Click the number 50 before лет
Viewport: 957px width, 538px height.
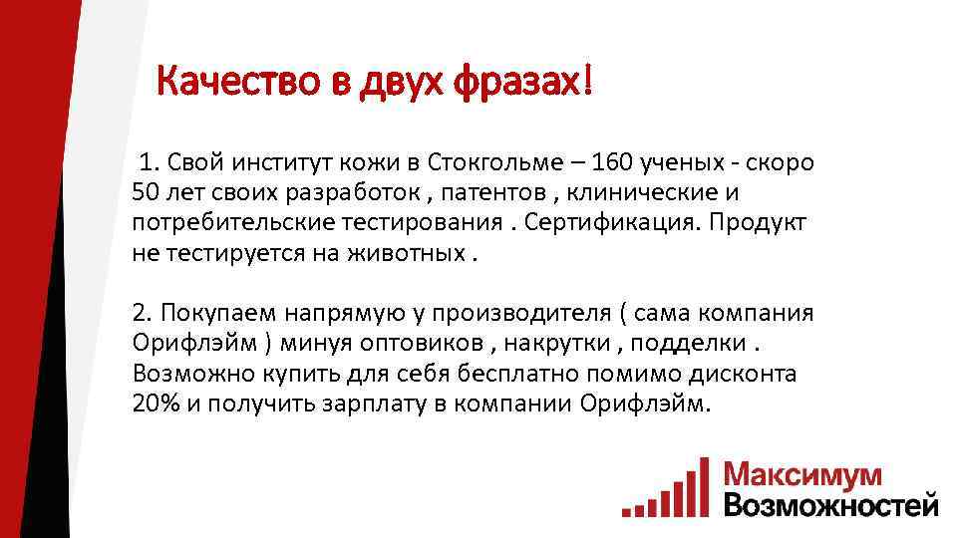click(145, 191)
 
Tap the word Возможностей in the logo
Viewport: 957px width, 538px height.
click(830, 503)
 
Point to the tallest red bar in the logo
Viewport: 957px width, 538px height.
click(705, 485)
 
